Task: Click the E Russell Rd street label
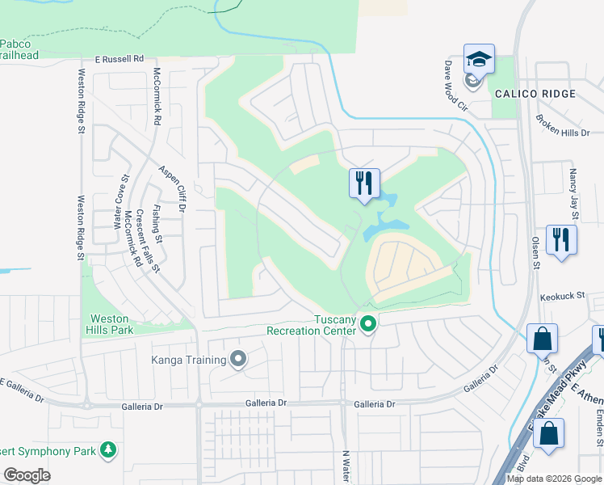tap(119, 59)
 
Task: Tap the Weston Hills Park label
tap(109, 324)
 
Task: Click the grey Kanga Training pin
tap(237, 358)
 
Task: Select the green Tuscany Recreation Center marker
tap(368, 325)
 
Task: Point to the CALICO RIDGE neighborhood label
tap(535, 94)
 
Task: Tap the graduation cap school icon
tap(478, 60)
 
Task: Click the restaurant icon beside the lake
tap(364, 183)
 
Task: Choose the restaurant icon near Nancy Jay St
tap(561, 239)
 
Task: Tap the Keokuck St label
tap(562, 297)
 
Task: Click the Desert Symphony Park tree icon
tap(108, 449)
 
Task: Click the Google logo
tap(27, 475)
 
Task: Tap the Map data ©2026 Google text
tap(554, 479)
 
